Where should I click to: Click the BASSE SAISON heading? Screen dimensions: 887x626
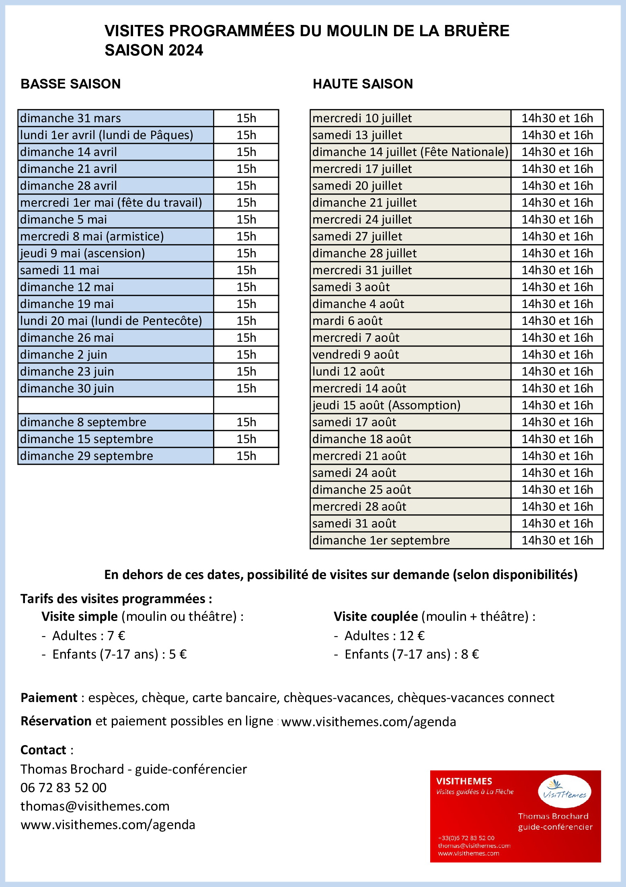tap(71, 84)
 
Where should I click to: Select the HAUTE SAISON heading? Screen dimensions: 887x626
tap(363, 84)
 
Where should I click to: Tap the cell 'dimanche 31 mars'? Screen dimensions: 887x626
tap(115, 118)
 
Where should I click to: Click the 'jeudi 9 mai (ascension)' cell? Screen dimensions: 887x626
tap(115, 253)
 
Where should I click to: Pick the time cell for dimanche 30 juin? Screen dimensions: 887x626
tap(246, 388)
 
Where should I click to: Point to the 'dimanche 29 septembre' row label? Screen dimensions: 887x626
tap(115, 456)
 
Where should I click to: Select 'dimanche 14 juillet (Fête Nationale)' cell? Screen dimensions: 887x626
tap(410, 152)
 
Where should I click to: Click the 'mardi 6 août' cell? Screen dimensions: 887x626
tap(410, 321)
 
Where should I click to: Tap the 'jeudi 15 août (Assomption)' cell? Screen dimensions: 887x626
tap(410, 405)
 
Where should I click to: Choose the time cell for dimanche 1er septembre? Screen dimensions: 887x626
tap(557, 540)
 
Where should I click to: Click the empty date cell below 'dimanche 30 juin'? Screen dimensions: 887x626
tap(115, 405)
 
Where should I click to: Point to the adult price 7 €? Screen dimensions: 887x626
tap(116, 636)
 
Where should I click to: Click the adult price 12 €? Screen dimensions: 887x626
tap(412, 636)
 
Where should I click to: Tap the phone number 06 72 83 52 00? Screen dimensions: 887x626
tap(64, 788)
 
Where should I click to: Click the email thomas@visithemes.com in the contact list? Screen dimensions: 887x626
tap(95, 806)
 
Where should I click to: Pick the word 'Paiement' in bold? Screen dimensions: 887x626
tap(49, 698)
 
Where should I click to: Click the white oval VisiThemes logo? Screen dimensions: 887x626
tap(564, 793)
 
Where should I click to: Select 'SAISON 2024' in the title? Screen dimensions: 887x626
tap(154, 51)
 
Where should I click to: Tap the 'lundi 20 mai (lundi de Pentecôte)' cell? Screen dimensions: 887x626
tap(115, 321)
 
